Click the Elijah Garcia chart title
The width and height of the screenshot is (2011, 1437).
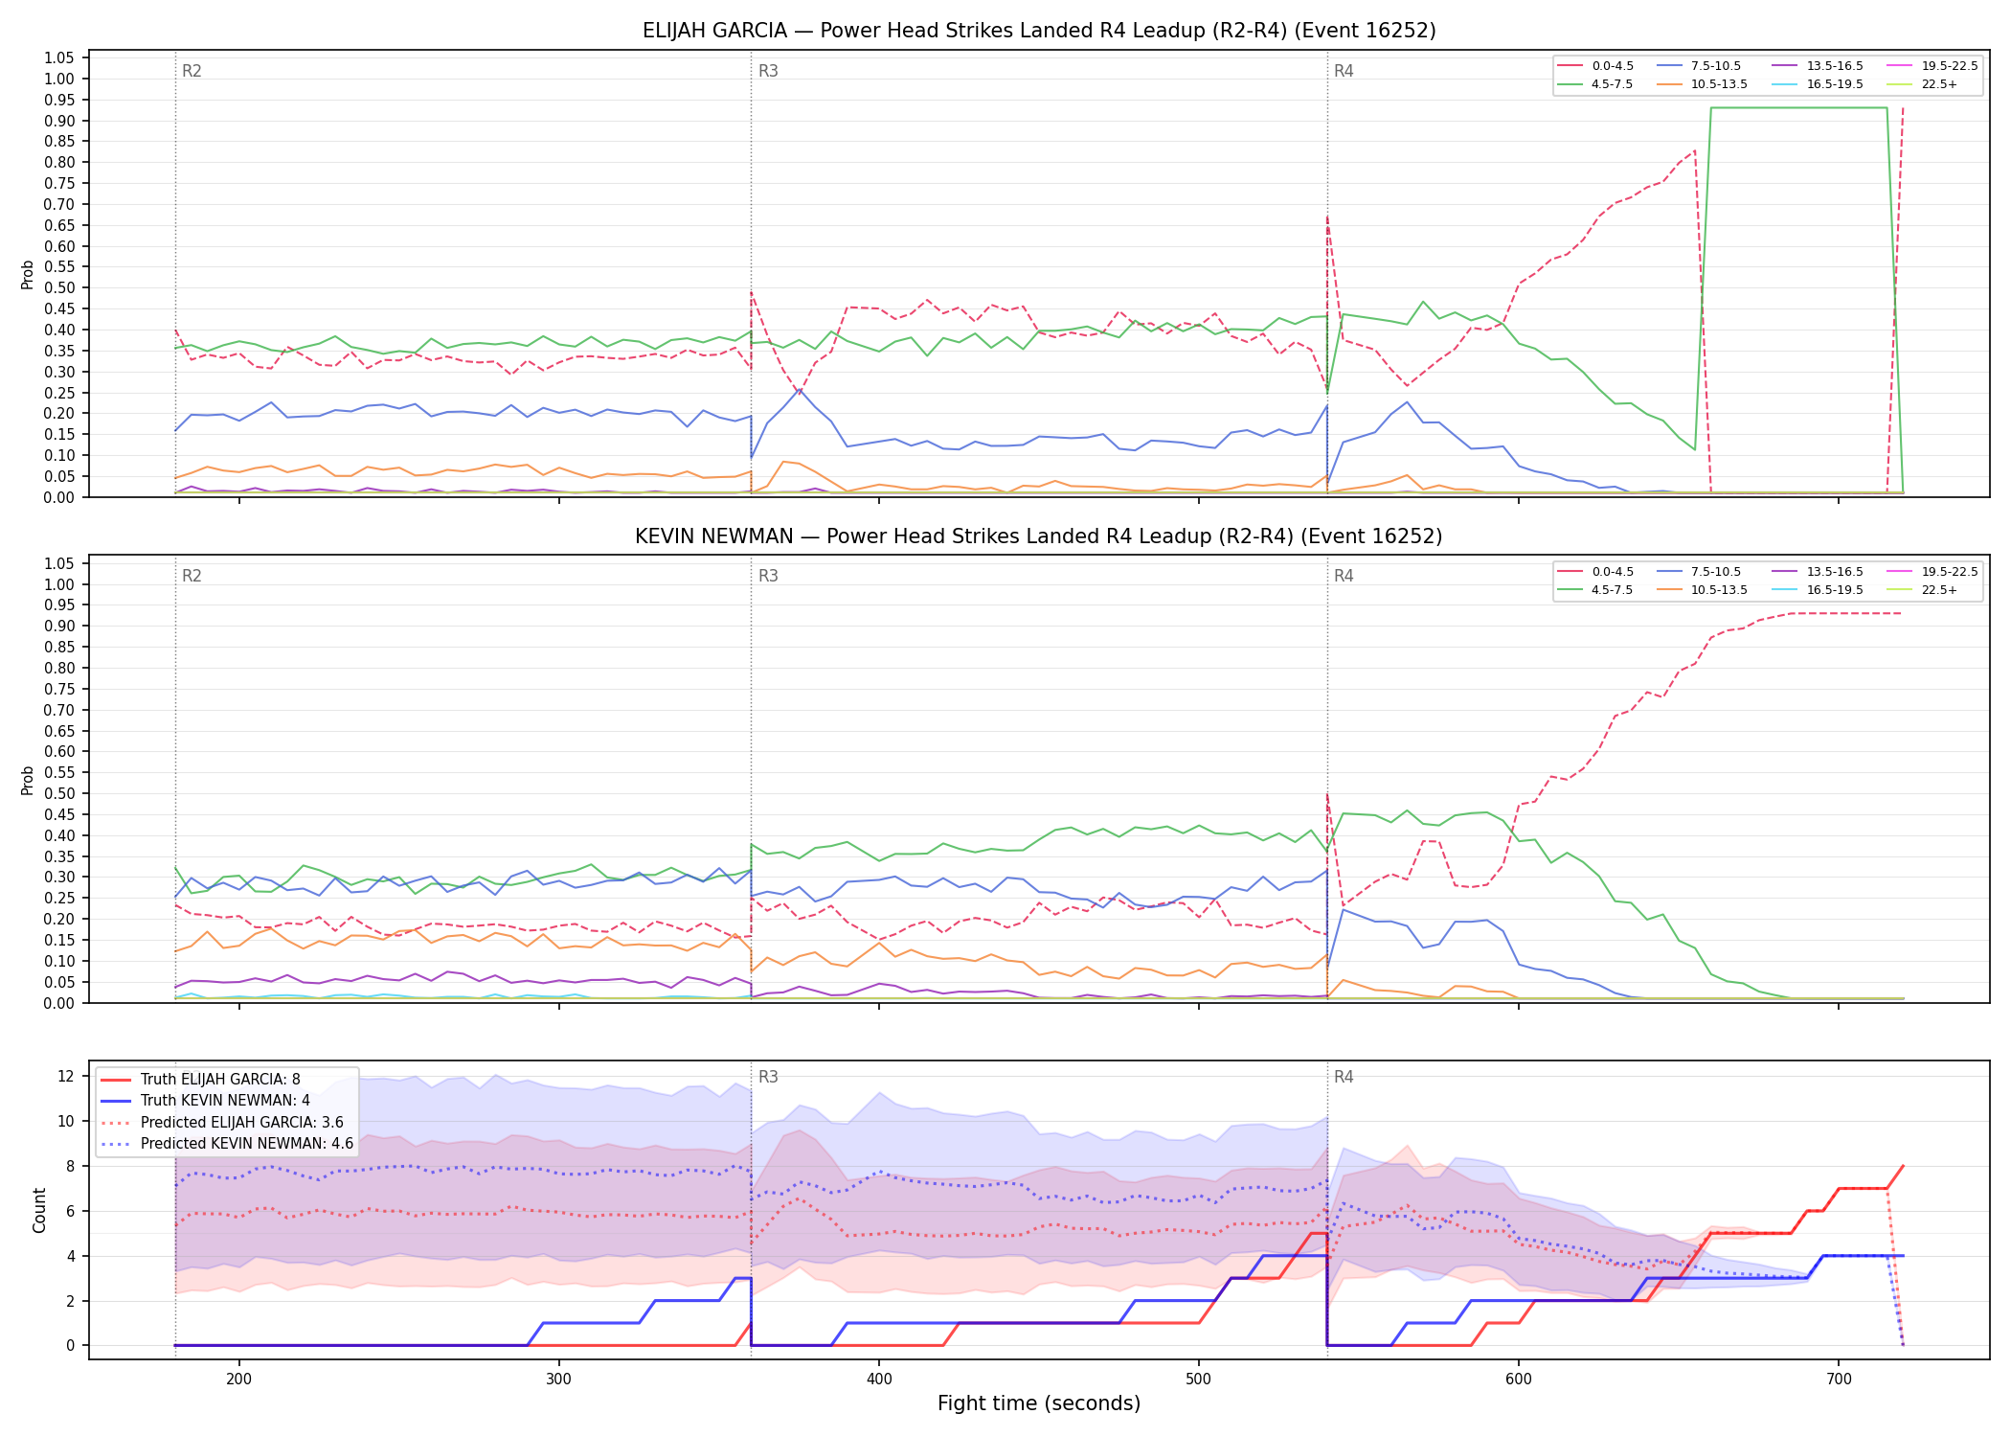point(1039,31)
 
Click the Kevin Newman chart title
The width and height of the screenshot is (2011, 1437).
point(1039,536)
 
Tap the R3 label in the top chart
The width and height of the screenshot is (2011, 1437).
point(768,71)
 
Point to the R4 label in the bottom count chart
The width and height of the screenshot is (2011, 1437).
point(1344,1077)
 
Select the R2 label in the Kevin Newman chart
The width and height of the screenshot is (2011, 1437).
point(192,576)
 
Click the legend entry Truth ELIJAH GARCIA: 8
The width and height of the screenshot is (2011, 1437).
point(220,1080)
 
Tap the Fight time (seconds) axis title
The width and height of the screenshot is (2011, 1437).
point(1039,1403)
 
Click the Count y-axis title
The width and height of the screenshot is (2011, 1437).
point(39,1210)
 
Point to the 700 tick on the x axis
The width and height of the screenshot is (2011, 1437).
point(1839,1380)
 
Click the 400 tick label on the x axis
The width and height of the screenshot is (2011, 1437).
point(879,1380)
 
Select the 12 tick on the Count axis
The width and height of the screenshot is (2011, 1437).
point(66,1076)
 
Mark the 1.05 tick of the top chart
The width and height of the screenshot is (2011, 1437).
point(59,57)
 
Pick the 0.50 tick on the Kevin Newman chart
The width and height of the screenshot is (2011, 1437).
point(59,793)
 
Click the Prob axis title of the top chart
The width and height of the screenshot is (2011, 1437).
point(28,275)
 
